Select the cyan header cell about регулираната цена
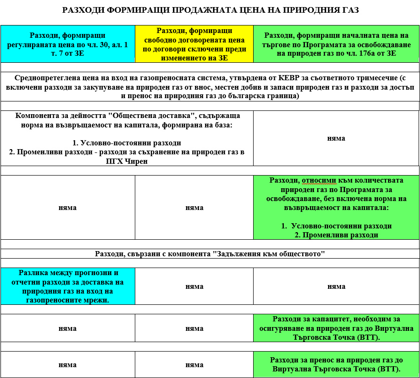coord(67,44)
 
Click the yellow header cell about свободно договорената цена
coord(194,44)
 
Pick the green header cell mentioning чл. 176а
coord(337,44)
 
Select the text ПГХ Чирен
coord(127,161)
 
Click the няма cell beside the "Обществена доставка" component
coord(336,138)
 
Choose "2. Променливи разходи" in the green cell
coord(336,235)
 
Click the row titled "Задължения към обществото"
coord(210,253)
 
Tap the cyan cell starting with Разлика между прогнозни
coord(67,286)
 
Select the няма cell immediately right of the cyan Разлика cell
coord(194,286)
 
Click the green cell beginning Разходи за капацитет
coord(336,328)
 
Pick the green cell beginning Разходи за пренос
coord(336,364)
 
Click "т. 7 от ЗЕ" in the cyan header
coord(67,53)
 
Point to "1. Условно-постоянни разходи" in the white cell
coord(127,143)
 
